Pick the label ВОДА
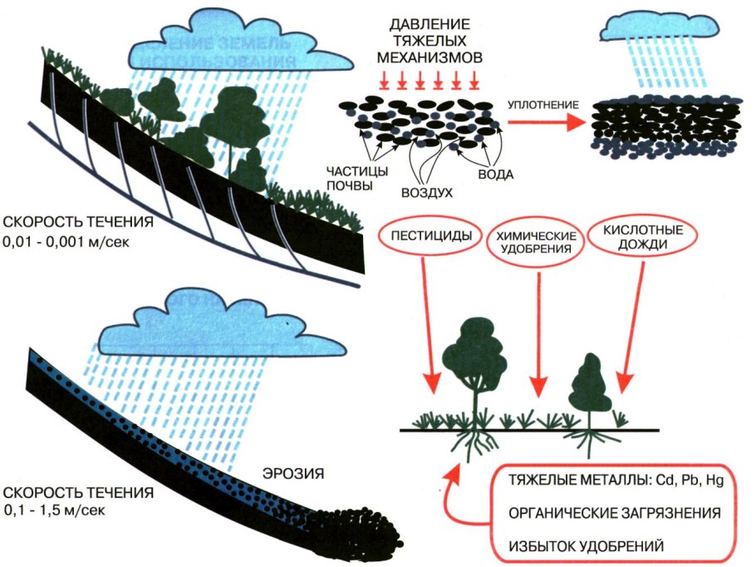point(497,175)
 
